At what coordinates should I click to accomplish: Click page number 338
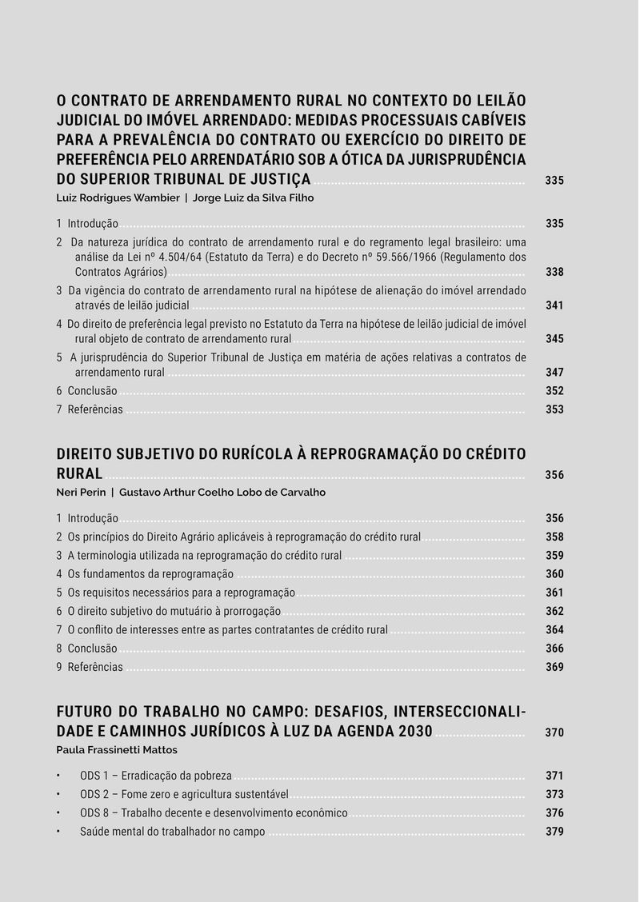tap(554, 272)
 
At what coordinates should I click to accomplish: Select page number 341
tap(554, 305)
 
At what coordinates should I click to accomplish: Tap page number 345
tap(554, 339)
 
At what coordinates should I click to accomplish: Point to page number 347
tap(554, 373)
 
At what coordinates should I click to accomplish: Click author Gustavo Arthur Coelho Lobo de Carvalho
tap(222, 493)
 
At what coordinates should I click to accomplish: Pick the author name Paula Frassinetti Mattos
tap(117, 750)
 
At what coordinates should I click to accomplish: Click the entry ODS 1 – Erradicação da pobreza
tap(155, 776)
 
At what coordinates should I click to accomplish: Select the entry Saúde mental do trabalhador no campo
tap(172, 832)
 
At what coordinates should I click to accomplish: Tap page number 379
tap(554, 832)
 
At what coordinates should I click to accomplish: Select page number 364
tap(554, 630)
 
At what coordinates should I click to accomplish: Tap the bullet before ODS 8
tap(58, 812)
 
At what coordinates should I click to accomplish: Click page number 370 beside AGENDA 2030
tap(554, 732)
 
